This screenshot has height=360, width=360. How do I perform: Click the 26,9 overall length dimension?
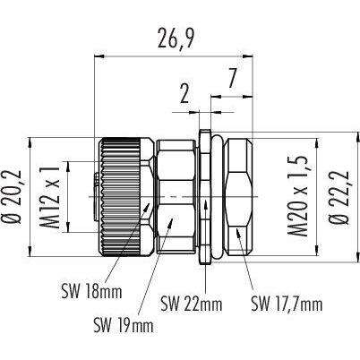click(176, 39)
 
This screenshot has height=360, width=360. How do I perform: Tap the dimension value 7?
click(233, 79)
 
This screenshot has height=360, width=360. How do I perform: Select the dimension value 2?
click(184, 94)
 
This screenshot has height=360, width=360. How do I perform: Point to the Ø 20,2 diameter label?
click(13, 197)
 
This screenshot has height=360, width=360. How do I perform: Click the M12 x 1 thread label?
click(49, 198)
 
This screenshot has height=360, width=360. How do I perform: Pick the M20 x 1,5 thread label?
click(297, 197)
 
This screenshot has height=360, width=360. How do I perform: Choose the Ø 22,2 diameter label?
click(339, 197)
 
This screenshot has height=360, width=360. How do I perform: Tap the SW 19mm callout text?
click(124, 325)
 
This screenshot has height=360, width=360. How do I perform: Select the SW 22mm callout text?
click(192, 304)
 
